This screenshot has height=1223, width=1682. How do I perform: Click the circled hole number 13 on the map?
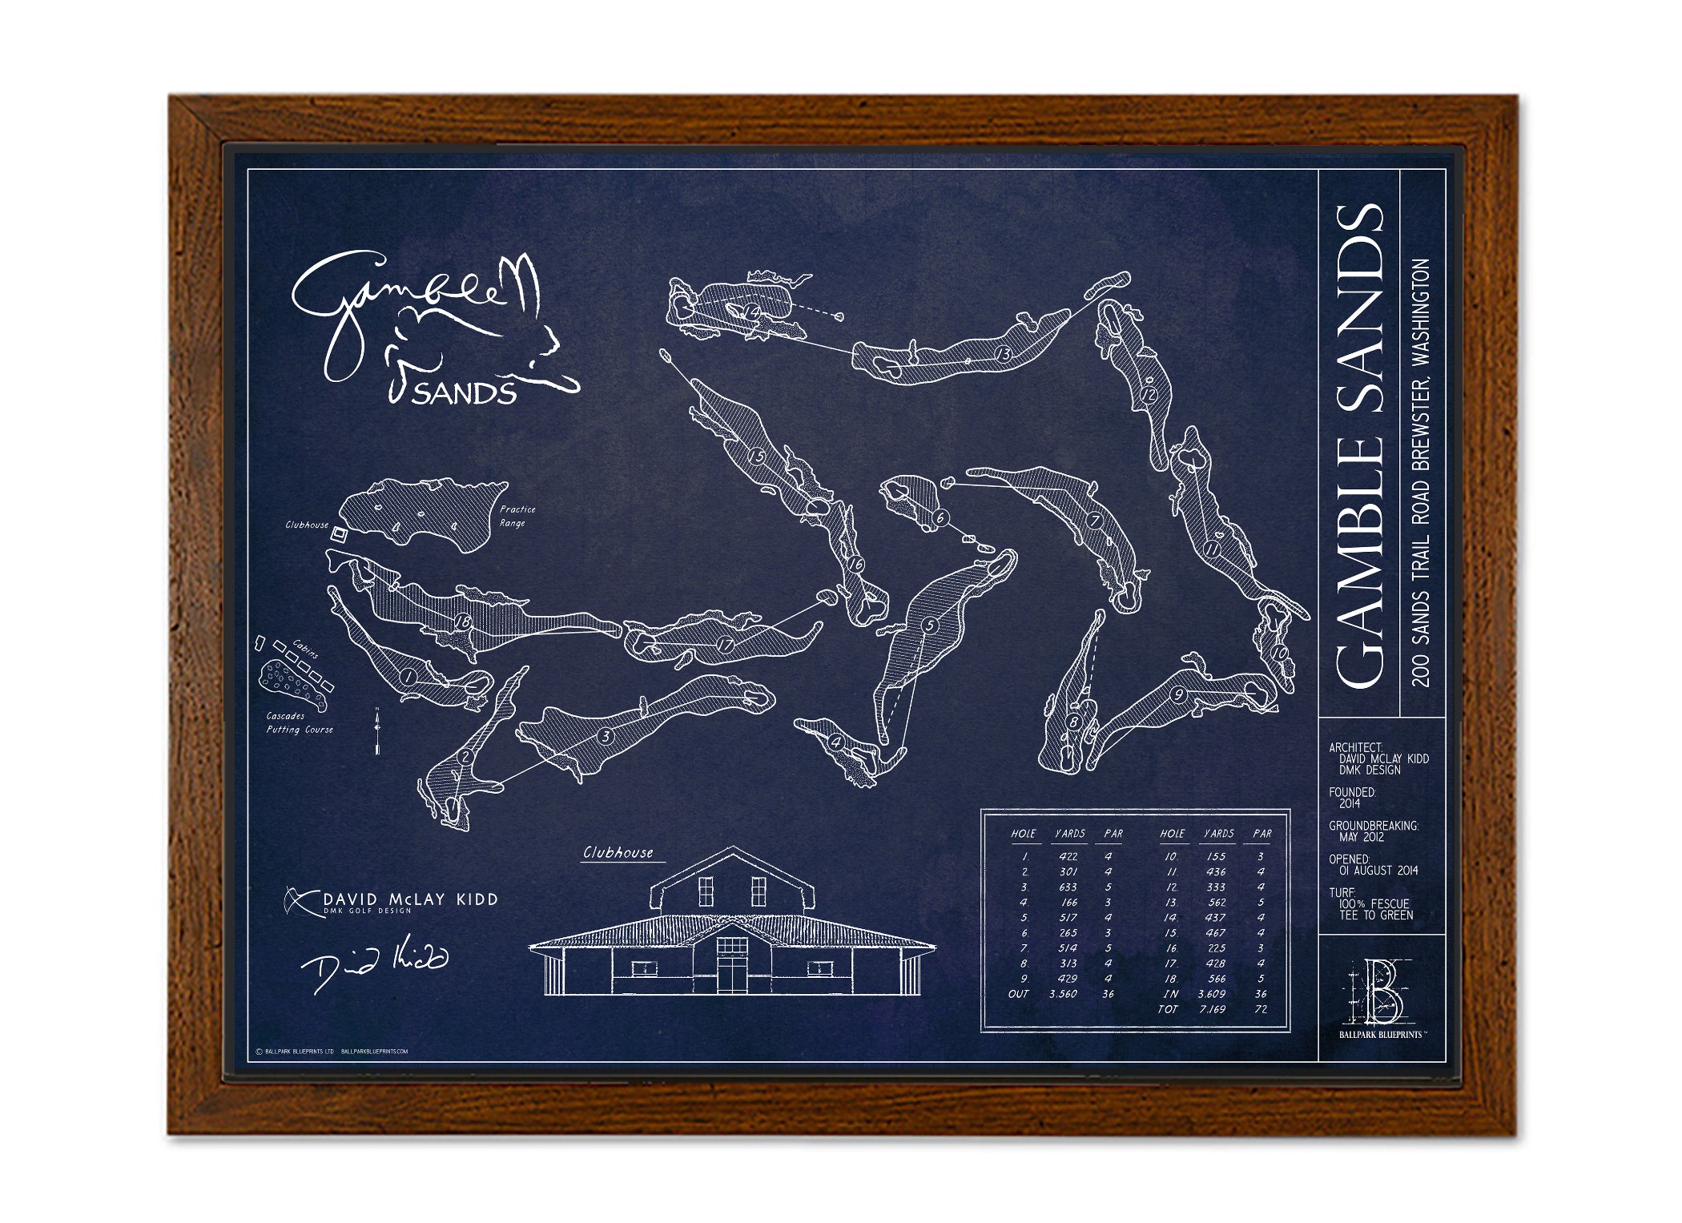tap(1003, 353)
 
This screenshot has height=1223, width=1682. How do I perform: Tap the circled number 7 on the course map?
tap(1095, 521)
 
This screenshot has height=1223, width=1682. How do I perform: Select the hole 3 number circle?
tap(606, 736)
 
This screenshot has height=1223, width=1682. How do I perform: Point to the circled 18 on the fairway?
tap(463, 622)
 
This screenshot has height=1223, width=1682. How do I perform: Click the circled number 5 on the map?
tap(929, 625)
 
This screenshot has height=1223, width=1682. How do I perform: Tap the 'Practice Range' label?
tap(517, 516)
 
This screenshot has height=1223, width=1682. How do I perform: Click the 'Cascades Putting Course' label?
tap(299, 722)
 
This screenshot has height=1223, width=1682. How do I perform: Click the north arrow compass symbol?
tap(377, 730)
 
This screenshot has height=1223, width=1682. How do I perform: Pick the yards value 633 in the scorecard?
tap(1068, 887)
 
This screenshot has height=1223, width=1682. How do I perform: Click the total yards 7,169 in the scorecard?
tap(1212, 1009)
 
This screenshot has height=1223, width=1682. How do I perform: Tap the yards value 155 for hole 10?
tap(1216, 856)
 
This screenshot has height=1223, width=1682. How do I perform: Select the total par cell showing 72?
tap(1261, 1009)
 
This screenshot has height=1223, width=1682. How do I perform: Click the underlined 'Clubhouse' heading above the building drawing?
tap(618, 853)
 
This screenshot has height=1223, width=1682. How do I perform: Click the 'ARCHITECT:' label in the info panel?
tap(1355, 747)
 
